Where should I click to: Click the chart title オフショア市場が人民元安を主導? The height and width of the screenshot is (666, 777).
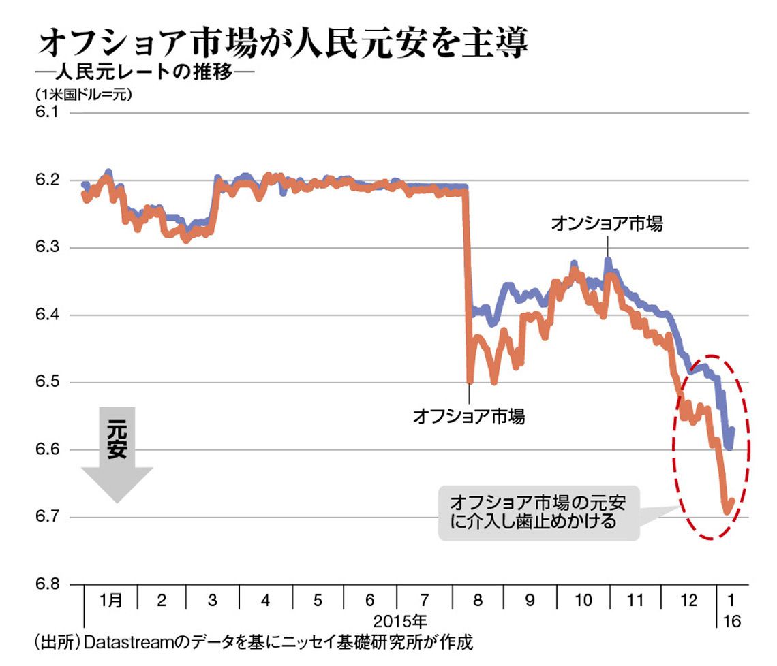(x=284, y=42)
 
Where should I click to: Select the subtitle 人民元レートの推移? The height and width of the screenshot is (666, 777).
(x=144, y=72)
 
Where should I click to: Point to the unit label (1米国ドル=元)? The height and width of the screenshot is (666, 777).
(x=83, y=94)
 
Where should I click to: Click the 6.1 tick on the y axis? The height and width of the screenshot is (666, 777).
(x=46, y=112)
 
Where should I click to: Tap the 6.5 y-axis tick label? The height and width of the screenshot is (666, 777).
(x=46, y=382)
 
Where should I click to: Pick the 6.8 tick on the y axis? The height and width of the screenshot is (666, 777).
(x=46, y=584)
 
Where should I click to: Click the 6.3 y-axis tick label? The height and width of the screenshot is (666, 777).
(x=46, y=247)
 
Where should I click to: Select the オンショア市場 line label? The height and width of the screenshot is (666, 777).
(x=607, y=223)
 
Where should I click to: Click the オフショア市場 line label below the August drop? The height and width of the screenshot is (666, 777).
(x=469, y=416)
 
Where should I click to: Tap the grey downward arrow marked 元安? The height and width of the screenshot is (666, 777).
(x=117, y=453)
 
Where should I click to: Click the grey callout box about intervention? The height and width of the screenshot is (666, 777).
(x=539, y=513)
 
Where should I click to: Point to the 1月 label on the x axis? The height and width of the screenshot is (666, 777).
(x=110, y=600)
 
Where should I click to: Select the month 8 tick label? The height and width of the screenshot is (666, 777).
(x=478, y=600)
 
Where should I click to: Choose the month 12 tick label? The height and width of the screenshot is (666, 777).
(x=689, y=600)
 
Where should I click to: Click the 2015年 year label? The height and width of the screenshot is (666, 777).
(x=400, y=621)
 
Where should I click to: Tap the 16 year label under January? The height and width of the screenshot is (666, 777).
(x=732, y=621)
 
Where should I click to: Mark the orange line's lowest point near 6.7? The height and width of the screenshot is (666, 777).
(x=727, y=513)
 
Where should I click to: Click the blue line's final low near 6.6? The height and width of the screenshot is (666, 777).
(x=729, y=447)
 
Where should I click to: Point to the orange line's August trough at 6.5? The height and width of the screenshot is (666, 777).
(x=470, y=382)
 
